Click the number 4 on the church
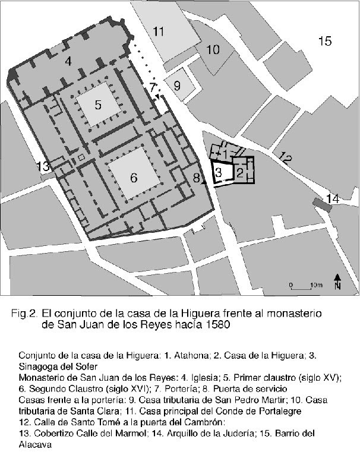(x=68, y=61)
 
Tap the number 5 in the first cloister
(x=98, y=104)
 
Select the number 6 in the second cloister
(x=134, y=177)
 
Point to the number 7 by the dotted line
(x=153, y=87)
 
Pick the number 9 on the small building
(x=176, y=86)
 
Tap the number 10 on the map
(x=213, y=49)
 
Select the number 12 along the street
(x=285, y=159)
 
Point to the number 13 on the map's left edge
(x=43, y=167)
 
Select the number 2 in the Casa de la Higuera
(x=239, y=173)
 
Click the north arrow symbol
(x=337, y=282)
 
